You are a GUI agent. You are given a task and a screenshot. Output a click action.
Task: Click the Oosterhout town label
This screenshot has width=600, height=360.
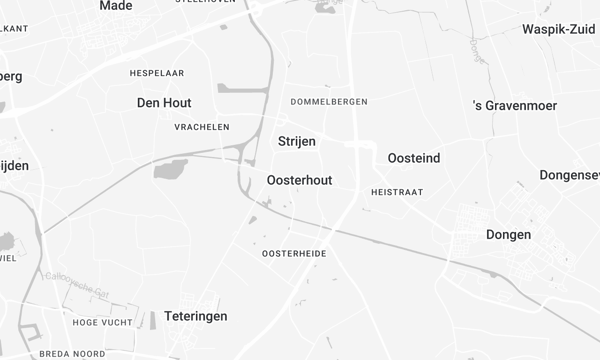tap(300, 180)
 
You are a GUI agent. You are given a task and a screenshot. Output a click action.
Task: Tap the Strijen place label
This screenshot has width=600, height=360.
tap(296, 142)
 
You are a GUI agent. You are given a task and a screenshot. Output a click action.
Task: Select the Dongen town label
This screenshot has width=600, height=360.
tap(507, 235)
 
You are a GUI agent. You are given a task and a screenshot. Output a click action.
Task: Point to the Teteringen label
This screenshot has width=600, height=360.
tap(195, 316)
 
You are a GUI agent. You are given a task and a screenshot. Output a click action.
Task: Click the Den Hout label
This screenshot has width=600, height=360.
tap(164, 103)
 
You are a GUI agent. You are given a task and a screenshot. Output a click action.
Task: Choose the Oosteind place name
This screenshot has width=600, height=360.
tap(413, 158)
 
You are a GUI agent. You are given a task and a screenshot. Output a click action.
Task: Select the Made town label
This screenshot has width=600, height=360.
tap(115, 6)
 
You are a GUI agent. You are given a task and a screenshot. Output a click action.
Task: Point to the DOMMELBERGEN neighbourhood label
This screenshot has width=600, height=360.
tap(328, 102)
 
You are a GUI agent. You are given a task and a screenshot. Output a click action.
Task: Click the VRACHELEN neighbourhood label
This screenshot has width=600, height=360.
tap(201, 127)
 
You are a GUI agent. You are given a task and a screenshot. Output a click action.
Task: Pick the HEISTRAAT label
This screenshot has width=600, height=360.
tap(396, 191)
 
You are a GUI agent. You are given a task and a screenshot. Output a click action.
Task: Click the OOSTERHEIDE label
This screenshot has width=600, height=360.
tap(293, 254)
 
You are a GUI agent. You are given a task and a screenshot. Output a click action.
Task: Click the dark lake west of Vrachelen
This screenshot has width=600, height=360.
tap(170, 168)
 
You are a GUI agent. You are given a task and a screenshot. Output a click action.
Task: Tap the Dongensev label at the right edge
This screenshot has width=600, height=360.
tap(568, 175)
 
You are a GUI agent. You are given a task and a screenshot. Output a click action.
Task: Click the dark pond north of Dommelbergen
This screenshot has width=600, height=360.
tap(325, 7)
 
